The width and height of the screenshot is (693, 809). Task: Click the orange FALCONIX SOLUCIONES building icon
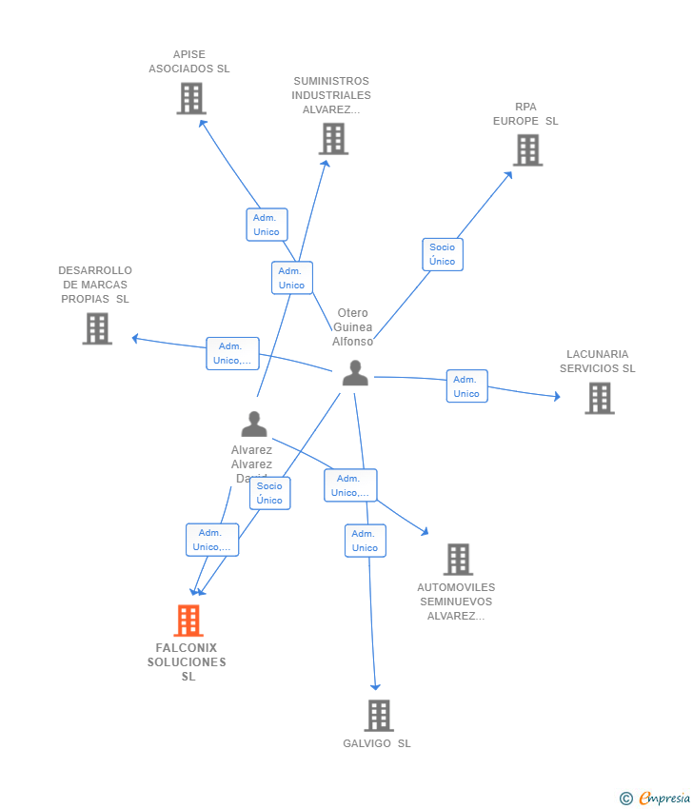click(188, 621)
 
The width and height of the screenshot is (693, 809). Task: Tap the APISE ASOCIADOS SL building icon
click(191, 98)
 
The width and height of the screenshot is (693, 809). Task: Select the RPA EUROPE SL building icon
click(527, 149)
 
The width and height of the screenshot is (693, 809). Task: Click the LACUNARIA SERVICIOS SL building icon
click(600, 398)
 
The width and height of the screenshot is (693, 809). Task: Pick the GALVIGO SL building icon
click(379, 715)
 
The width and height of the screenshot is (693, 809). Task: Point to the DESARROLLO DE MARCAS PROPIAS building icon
click(97, 328)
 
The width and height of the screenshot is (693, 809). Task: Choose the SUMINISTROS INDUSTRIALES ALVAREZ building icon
click(333, 139)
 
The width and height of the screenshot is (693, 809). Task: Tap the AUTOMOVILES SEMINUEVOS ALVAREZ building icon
click(458, 560)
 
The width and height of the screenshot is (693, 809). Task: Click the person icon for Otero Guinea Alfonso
click(355, 373)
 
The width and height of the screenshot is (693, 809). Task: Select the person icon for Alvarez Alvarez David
click(254, 424)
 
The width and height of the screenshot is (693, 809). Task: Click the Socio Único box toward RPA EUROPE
click(443, 254)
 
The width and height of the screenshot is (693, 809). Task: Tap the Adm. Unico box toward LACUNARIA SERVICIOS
click(466, 386)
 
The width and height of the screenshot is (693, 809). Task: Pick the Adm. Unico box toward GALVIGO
click(365, 541)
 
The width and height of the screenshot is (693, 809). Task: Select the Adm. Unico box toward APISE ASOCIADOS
click(267, 225)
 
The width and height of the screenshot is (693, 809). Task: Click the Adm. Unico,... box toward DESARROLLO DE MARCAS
click(232, 353)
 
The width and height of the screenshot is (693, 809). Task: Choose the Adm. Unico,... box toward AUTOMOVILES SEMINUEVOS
click(350, 485)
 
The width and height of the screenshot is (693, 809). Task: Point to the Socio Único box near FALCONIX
click(269, 493)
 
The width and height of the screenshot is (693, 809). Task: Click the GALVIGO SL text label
click(377, 743)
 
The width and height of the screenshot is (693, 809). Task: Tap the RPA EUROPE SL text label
click(525, 114)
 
